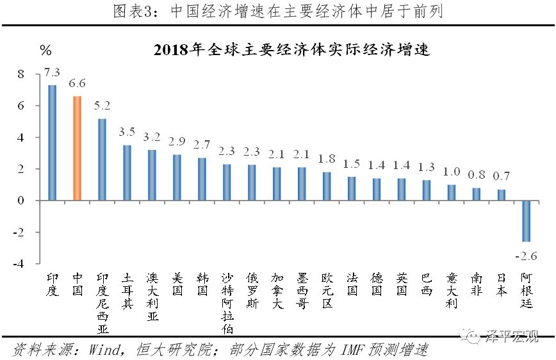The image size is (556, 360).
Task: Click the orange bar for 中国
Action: point(77,148)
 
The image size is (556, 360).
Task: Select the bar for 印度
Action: point(53,143)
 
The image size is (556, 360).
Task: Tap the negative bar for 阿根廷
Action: point(526,221)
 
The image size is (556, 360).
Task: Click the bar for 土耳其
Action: point(127,173)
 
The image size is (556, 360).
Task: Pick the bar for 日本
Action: point(501,195)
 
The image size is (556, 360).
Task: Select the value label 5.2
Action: point(102,104)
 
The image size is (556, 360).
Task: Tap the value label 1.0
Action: point(451,171)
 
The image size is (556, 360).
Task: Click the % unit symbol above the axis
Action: point(45,50)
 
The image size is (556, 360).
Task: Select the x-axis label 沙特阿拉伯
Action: point(227,303)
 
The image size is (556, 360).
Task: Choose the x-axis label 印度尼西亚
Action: point(102,303)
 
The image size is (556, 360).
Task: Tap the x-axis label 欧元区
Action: point(327,290)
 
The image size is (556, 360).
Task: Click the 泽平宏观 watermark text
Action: point(512,336)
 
